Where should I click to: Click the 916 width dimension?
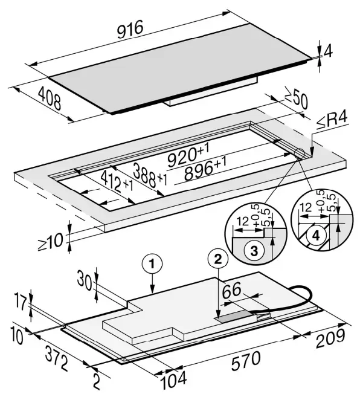click(130, 30)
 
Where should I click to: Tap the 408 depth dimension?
click(50, 99)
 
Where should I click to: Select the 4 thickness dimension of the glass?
click(328, 51)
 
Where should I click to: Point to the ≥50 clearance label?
click(297, 97)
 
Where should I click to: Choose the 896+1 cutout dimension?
click(205, 169)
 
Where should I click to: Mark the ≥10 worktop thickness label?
click(50, 242)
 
